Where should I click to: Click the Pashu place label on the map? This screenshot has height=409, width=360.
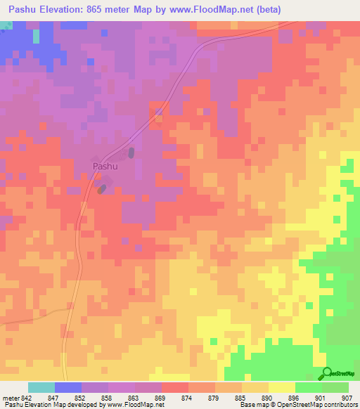[105, 167]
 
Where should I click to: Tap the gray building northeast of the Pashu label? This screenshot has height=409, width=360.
[130, 152]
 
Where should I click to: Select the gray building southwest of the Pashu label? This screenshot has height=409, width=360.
[103, 188]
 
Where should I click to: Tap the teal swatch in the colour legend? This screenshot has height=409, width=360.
[41, 387]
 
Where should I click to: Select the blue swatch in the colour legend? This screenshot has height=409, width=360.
[68, 387]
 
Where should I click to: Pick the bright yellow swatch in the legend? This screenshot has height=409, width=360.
[282, 387]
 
